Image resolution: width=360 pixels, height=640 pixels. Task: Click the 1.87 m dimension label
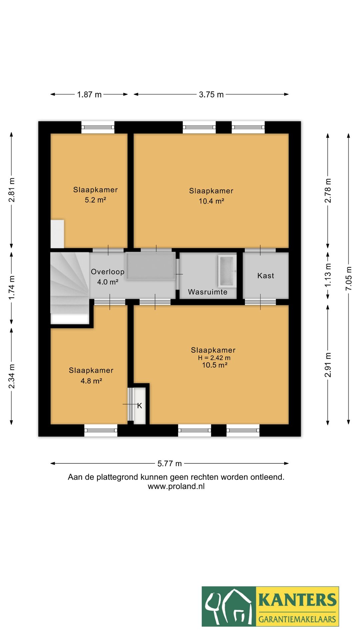(x=89, y=95)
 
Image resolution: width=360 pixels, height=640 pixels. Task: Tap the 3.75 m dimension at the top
(x=211, y=95)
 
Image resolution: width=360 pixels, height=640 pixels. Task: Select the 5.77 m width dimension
(x=169, y=464)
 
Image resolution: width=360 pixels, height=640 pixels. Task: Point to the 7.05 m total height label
(x=349, y=278)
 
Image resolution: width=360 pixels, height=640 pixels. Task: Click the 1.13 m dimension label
(x=328, y=275)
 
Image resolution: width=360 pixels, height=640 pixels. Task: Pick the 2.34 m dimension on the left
(x=12, y=376)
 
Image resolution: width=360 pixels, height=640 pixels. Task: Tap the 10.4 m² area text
(x=211, y=201)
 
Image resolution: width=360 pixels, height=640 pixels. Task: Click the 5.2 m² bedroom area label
(x=95, y=200)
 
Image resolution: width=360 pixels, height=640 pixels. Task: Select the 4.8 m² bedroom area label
(x=91, y=381)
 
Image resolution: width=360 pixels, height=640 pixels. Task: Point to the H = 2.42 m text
(x=214, y=358)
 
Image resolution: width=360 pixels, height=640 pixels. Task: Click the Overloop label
(x=107, y=272)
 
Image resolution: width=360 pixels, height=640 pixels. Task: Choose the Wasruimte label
(x=207, y=292)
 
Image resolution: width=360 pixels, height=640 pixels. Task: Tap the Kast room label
(x=266, y=276)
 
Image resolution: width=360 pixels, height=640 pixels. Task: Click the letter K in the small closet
(x=140, y=406)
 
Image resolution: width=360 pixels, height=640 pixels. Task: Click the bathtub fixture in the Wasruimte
(x=227, y=271)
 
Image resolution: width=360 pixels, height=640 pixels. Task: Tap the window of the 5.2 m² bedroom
(x=98, y=127)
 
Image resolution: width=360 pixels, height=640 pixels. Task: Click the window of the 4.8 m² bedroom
(x=101, y=430)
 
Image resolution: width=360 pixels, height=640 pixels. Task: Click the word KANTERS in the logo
(x=297, y=600)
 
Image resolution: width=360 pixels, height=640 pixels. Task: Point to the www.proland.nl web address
(x=176, y=486)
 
